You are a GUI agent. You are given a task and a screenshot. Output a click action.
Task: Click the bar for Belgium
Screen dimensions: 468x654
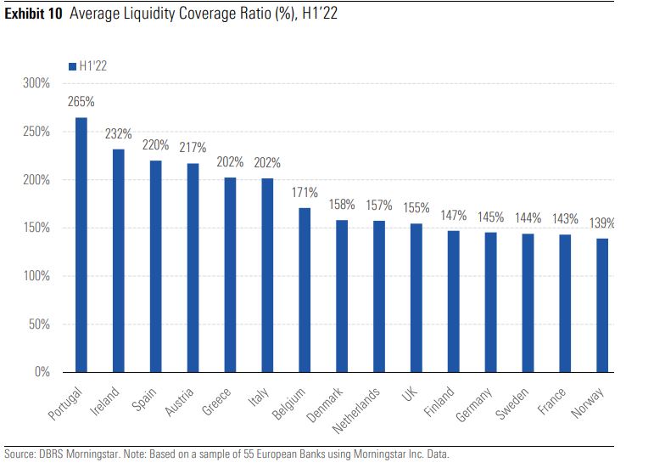[x=305, y=290]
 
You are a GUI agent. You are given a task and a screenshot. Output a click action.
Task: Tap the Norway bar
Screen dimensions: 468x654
[x=601, y=305]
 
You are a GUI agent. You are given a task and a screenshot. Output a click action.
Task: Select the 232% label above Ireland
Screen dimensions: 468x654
[x=118, y=133]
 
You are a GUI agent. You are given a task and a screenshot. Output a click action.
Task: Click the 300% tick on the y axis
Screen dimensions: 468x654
[x=37, y=84]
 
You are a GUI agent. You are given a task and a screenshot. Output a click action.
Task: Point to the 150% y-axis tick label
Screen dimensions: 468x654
[x=37, y=228]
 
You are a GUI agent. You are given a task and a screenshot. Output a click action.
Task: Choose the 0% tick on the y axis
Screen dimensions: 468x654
[x=42, y=372]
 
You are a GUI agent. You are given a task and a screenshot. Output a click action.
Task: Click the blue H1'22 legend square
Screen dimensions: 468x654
[x=72, y=66]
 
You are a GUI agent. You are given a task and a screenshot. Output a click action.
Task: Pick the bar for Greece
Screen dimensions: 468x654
[x=230, y=274]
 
